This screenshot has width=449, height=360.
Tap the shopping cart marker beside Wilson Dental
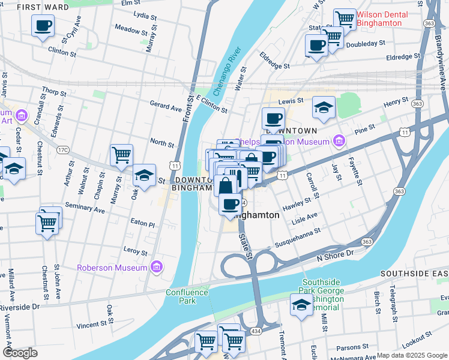[x=345, y=19]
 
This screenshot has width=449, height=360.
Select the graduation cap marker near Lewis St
[x=324, y=107]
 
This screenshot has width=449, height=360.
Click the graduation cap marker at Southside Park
[x=301, y=305]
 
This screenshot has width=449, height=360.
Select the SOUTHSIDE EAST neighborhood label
[x=414, y=273]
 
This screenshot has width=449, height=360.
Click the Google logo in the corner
[x=20, y=353]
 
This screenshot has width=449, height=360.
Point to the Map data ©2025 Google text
[x=412, y=355]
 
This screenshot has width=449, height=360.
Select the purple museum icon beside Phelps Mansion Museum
[x=339, y=142]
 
